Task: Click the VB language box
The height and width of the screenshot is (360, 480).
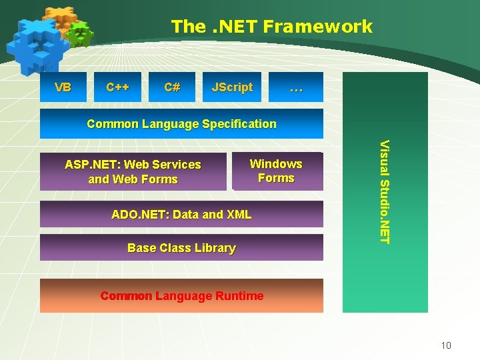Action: click(x=63, y=87)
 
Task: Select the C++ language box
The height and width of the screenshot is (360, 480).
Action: click(x=118, y=87)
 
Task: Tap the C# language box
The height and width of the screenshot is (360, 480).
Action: click(x=172, y=87)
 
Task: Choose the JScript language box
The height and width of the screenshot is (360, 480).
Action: click(x=231, y=87)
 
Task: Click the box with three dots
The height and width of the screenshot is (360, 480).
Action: click(x=296, y=87)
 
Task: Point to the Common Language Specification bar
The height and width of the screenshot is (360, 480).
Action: click(x=181, y=124)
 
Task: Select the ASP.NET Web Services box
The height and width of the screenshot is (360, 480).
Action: click(x=133, y=172)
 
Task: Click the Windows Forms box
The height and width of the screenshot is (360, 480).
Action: click(x=276, y=171)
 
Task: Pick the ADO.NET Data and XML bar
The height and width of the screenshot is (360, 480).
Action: click(x=181, y=215)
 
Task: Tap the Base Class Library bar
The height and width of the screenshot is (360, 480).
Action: click(x=181, y=248)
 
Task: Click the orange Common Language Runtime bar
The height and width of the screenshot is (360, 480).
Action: click(x=181, y=296)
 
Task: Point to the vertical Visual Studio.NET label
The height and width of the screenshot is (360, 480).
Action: click(x=385, y=191)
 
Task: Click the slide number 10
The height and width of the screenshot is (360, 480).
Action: click(x=446, y=345)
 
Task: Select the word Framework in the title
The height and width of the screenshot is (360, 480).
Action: click(x=317, y=27)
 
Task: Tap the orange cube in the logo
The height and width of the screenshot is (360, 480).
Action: click(x=60, y=18)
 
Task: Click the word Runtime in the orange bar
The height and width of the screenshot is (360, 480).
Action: click(x=239, y=296)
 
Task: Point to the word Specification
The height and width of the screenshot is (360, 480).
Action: click(x=240, y=124)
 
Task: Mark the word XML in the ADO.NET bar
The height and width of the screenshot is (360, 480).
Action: click(x=239, y=215)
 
